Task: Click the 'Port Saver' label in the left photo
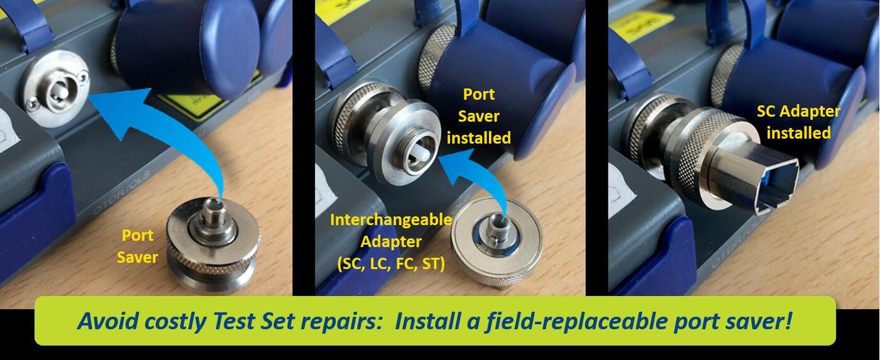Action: [x=138, y=246]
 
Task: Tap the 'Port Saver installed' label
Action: [x=479, y=116]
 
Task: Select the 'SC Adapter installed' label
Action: [x=798, y=122]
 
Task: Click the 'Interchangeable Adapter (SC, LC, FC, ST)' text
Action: [x=391, y=242]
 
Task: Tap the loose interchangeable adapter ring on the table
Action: [x=497, y=243]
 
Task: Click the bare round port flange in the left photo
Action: [x=56, y=89]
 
